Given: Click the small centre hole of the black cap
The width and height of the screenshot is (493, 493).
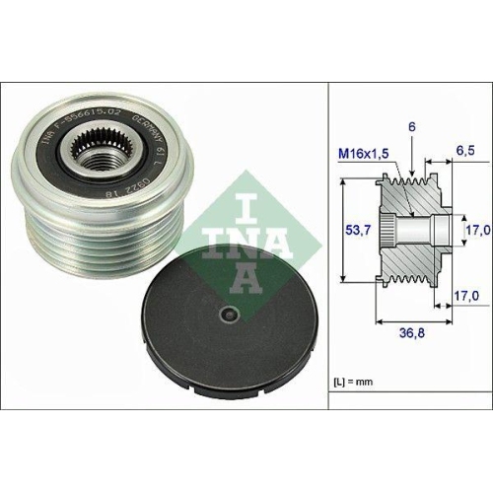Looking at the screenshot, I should click(x=229, y=315).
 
